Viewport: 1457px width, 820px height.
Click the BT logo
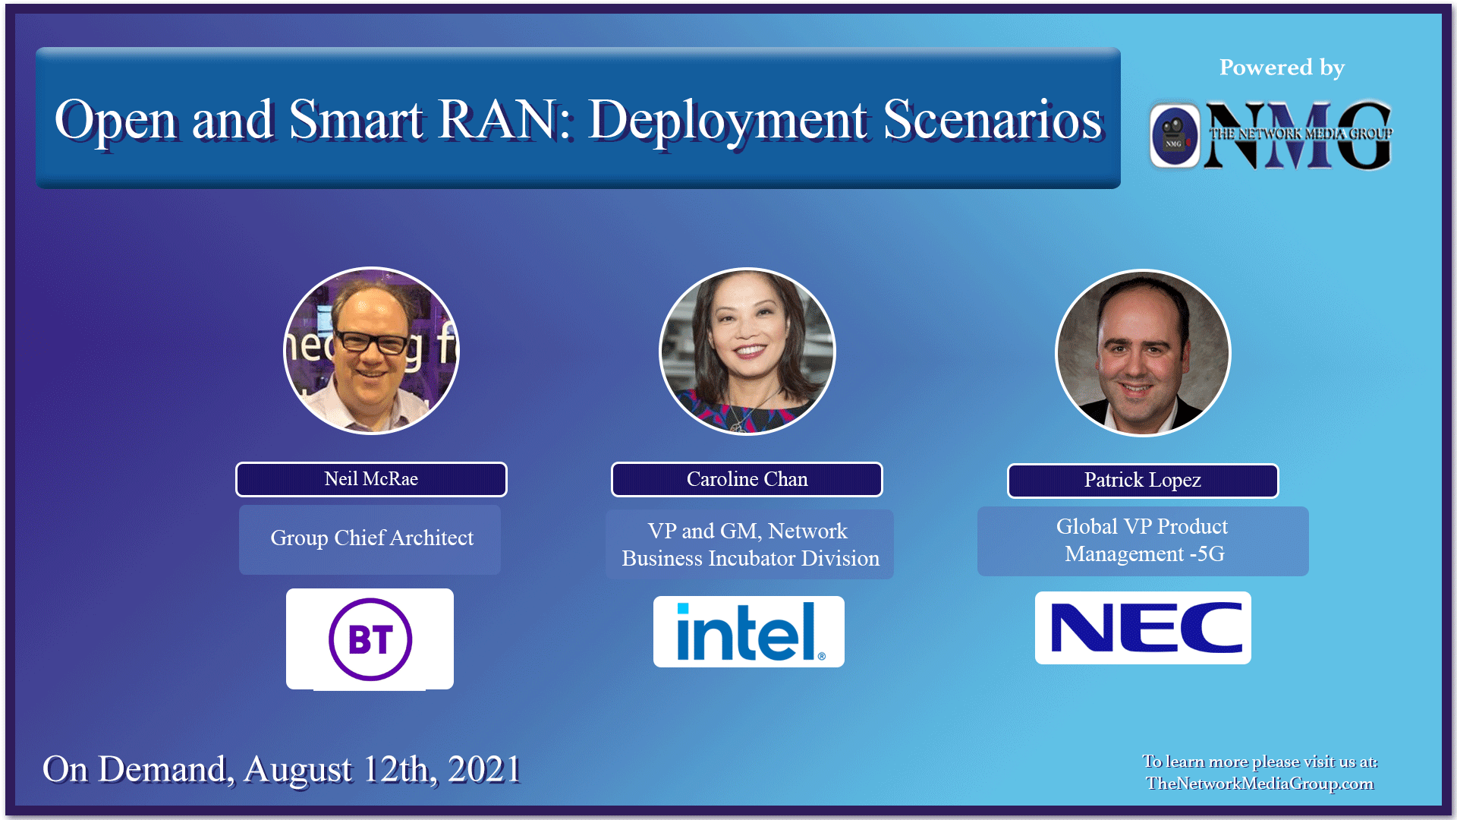coord(370,639)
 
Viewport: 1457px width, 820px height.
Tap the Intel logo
coord(749,632)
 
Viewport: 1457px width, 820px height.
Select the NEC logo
coord(1144,628)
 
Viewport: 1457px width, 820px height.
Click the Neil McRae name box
coord(371,479)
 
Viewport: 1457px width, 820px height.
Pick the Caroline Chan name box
coord(747,479)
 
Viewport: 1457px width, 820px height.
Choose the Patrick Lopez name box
coord(1142,480)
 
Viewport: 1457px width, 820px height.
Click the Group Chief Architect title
coord(371,538)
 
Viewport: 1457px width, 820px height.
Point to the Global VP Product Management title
coord(1143,541)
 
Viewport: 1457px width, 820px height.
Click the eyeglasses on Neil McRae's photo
coord(371,342)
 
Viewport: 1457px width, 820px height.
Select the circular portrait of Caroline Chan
coord(747,352)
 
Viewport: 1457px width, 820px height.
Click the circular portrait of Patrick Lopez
coord(1143,353)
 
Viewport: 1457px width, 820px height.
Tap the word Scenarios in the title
coord(992,120)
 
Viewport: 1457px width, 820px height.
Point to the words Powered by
coord(1282,68)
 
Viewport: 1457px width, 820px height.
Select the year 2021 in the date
coord(484,769)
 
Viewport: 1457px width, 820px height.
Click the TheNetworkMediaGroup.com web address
coord(1260,784)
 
